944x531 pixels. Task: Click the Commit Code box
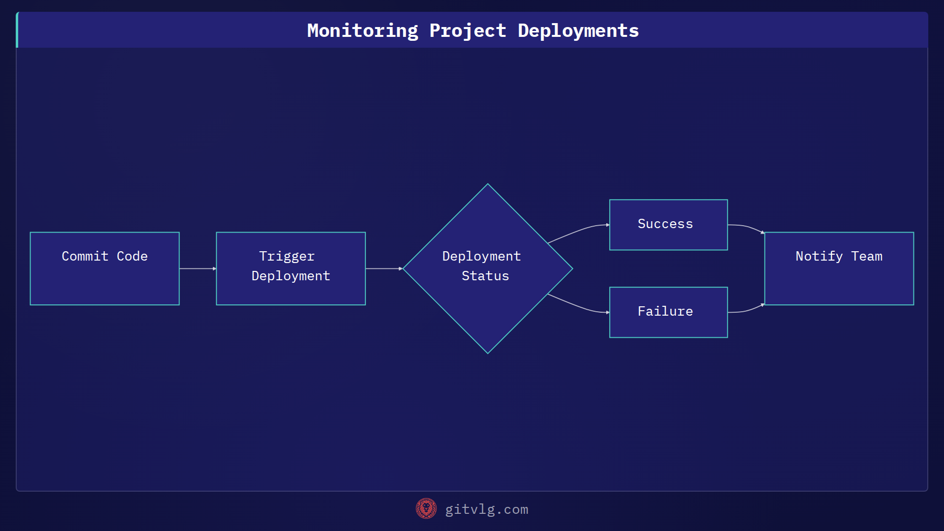(104, 268)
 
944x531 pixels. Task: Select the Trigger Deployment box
(291, 268)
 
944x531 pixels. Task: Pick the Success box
(668, 225)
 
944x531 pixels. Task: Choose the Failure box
(668, 312)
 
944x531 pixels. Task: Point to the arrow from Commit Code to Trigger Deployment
(197, 268)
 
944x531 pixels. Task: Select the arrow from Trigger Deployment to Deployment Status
(383, 268)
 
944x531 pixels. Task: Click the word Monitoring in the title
(362, 31)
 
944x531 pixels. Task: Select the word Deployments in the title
(578, 31)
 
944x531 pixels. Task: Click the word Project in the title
(468, 31)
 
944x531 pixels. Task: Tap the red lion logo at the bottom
(426, 508)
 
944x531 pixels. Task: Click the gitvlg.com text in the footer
(486, 509)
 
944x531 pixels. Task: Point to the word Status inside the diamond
(485, 276)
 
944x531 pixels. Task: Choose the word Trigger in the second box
(287, 256)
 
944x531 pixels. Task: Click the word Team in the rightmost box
(866, 256)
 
